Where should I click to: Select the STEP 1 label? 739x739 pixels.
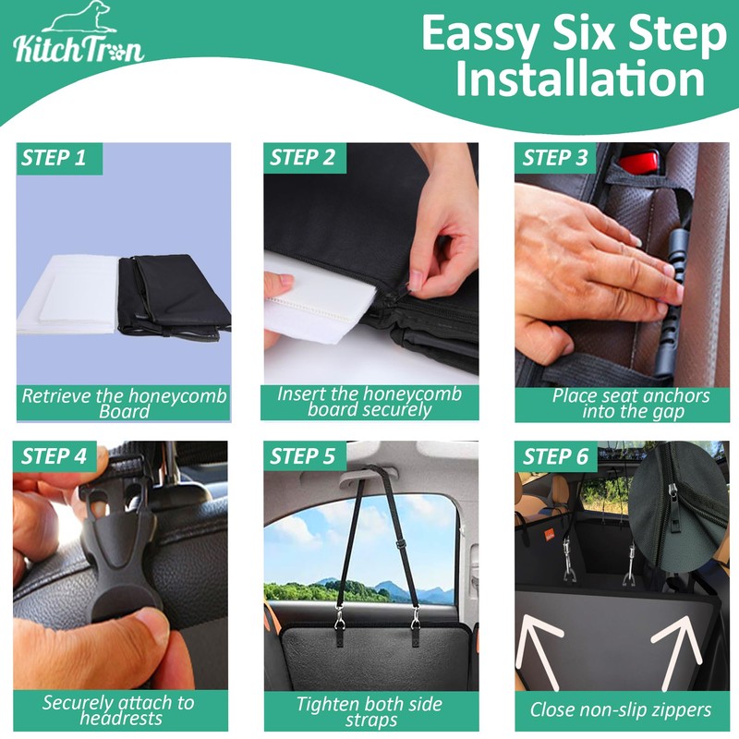click(x=54, y=158)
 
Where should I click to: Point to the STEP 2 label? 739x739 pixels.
click(x=302, y=158)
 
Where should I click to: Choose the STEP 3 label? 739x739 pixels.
click(x=555, y=158)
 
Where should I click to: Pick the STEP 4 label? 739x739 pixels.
click(x=55, y=456)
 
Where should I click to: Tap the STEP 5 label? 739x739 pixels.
click(x=302, y=456)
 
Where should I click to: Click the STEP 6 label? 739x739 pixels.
click(x=556, y=456)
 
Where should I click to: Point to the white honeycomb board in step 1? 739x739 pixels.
click(x=67, y=295)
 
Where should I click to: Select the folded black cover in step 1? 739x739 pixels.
click(x=174, y=297)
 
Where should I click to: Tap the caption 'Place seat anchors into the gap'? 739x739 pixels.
click(x=631, y=404)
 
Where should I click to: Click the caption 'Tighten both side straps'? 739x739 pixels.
click(x=369, y=711)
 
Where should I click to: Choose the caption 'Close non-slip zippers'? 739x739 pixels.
click(x=620, y=709)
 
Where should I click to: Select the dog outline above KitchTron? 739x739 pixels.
click(x=80, y=17)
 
